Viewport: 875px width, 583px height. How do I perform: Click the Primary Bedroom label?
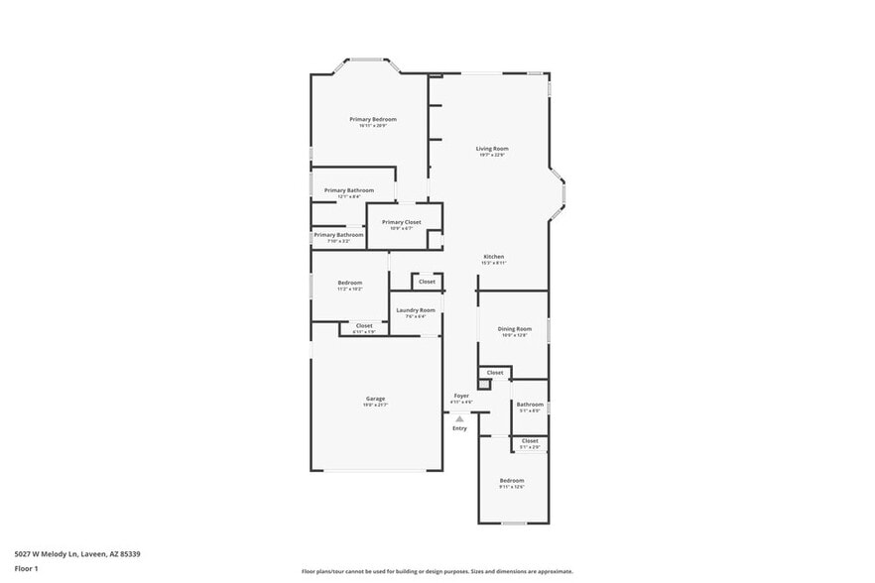372,119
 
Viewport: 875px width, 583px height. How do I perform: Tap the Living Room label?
492,149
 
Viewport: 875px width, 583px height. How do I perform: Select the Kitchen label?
493,257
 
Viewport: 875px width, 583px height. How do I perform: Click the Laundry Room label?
415,310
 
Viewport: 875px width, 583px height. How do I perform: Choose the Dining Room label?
514,328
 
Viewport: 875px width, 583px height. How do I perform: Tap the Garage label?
375,399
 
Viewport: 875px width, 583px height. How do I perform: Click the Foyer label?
461,396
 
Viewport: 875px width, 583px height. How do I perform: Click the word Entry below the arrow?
459,428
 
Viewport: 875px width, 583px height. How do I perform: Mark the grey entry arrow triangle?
459,418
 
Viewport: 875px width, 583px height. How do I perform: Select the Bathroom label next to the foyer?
529,405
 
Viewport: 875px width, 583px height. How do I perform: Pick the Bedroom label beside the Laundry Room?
349,283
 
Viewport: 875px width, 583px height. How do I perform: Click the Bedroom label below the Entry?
511,481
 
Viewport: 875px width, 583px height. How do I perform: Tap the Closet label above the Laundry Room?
427,282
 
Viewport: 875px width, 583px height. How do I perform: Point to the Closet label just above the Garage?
364,325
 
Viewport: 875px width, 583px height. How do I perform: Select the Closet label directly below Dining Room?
495,373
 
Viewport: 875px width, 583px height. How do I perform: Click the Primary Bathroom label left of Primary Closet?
338,235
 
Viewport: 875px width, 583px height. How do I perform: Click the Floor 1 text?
26,568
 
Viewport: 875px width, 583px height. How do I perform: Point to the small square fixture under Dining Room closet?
483,384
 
